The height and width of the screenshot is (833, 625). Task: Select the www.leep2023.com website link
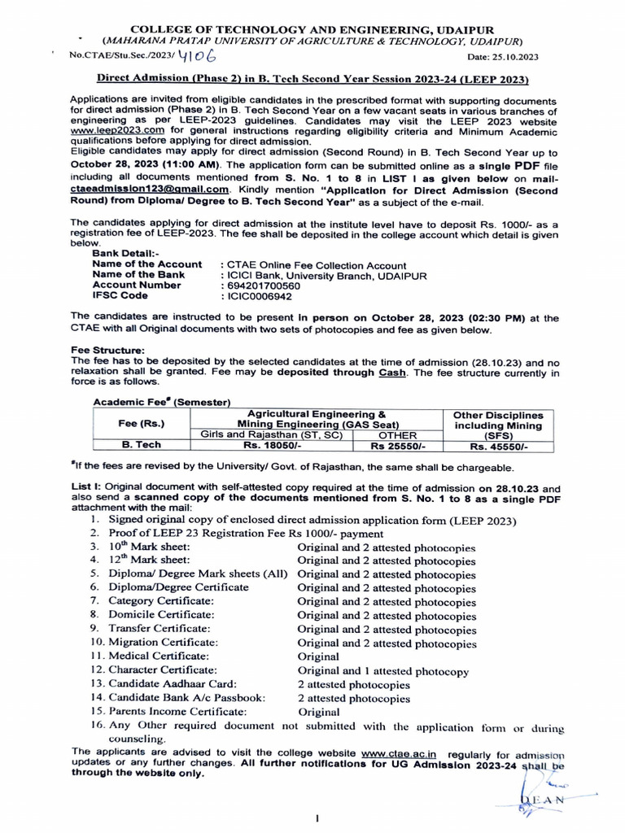tap(117, 130)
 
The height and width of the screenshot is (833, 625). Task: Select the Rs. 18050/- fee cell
tap(273, 446)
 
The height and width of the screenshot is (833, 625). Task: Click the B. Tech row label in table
tap(141, 446)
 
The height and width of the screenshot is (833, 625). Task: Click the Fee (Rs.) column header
tap(141, 424)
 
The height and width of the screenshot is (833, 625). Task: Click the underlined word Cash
tap(391, 373)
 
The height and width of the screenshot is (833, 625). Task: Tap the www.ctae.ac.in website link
tap(399, 752)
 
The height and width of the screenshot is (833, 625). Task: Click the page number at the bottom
tap(314, 819)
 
